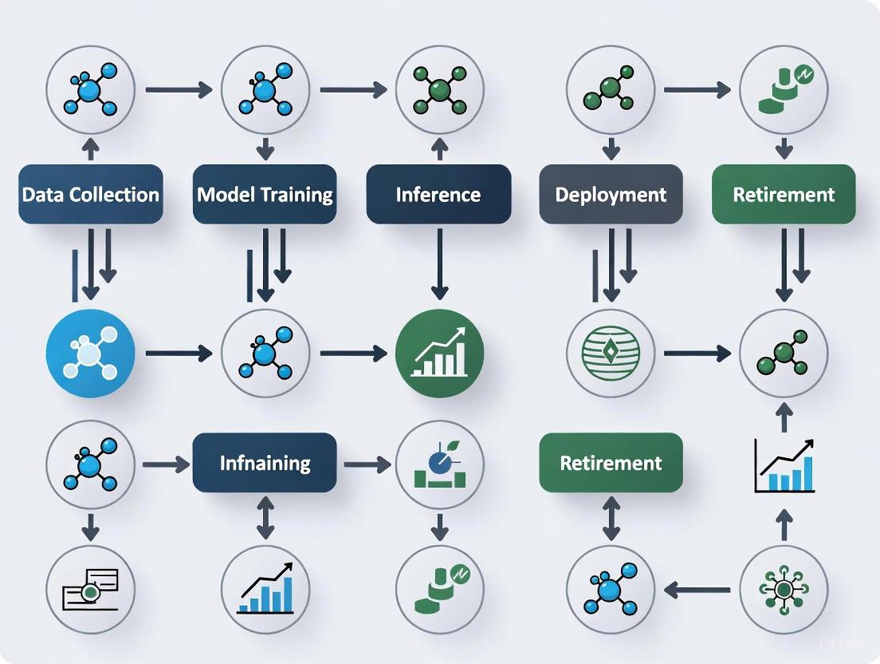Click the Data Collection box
pyautogui.click(x=91, y=194)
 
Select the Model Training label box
pyautogui.click(x=265, y=194)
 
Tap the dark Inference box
pyautogui.click(x=438, y=194)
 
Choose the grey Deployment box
pyautogui.click(x=611, y=194)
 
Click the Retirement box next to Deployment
pyautogui.click(x=784, y=194)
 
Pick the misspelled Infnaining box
pyautogui.click(x=265, y=462)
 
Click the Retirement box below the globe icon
pyautogui.click(x=611, y=462)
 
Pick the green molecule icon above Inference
pyautogui.click(x=438, y=89)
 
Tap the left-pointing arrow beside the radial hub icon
pyautogui.click(x=697, y=591)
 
